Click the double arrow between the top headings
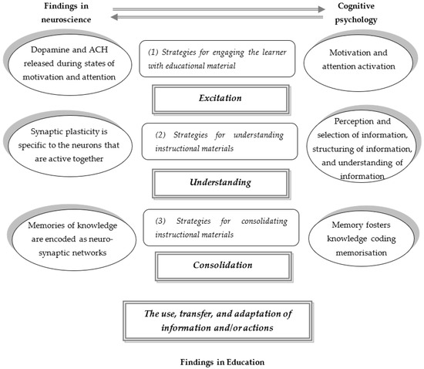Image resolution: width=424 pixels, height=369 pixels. (212, 13)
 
